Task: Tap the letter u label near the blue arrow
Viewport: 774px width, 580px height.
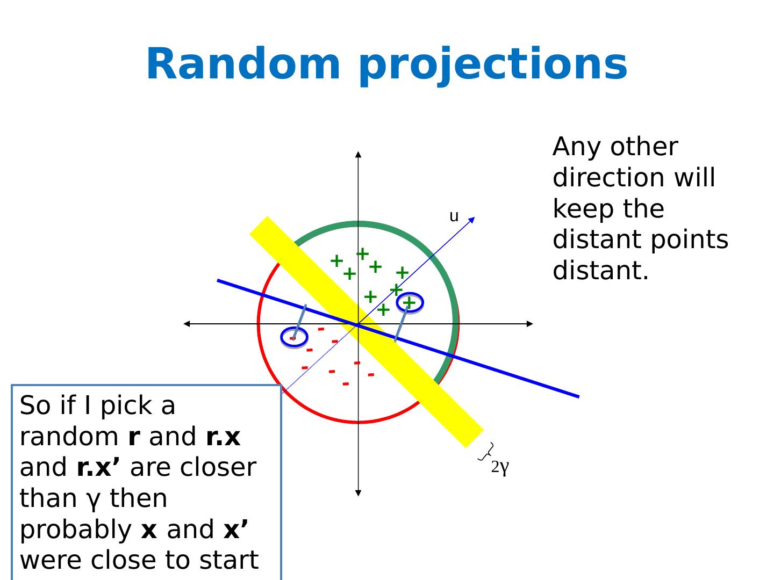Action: tap(454, 216)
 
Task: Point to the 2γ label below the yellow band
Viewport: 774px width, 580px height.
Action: tap(500, 467)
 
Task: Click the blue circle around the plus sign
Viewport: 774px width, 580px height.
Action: tap(410, 303)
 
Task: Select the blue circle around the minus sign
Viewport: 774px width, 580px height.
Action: tap(294, 337)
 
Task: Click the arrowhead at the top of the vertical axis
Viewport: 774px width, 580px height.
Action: tap(358, 155)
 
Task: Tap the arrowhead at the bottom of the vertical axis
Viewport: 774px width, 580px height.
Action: tap(358, 493)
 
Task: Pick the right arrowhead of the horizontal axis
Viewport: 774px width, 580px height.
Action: tap(530, 324)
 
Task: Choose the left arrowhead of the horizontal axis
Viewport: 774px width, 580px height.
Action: tap(187, 324)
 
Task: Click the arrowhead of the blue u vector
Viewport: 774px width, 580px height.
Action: tap(472, 219)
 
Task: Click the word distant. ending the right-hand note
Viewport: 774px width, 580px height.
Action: tap(601, 271)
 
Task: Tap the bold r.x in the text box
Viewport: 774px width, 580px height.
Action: tap(223, 437)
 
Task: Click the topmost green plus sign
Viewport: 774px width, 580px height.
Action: tap(363, 253)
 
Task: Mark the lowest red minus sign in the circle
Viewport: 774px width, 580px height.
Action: tap(345, 384)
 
